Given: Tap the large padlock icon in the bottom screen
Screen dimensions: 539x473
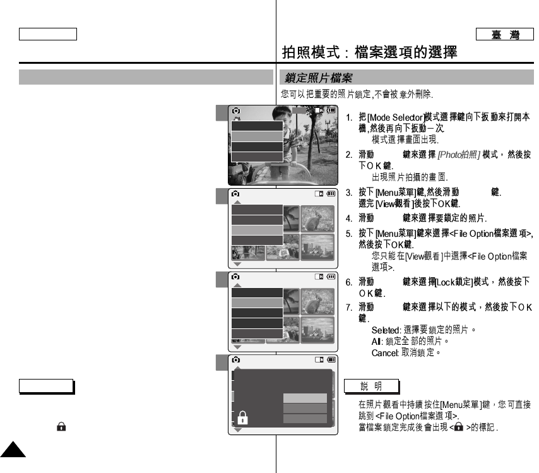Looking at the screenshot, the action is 242,417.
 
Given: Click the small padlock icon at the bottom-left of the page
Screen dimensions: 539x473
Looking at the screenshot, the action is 61,427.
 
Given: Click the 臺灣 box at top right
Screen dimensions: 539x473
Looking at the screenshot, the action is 506,35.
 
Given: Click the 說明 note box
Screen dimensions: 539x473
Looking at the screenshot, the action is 371,386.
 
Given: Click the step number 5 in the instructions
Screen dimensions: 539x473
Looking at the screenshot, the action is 348,234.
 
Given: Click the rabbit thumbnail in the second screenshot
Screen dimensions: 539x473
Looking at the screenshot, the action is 317,218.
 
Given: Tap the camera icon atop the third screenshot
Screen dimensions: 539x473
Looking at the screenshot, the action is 235,277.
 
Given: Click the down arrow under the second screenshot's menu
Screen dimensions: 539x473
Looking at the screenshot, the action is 237,264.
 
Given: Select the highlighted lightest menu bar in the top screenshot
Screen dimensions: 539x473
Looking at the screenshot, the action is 256,136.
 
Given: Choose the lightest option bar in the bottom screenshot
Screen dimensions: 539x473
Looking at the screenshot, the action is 305,398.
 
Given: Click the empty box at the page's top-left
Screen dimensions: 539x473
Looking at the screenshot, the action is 48,34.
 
